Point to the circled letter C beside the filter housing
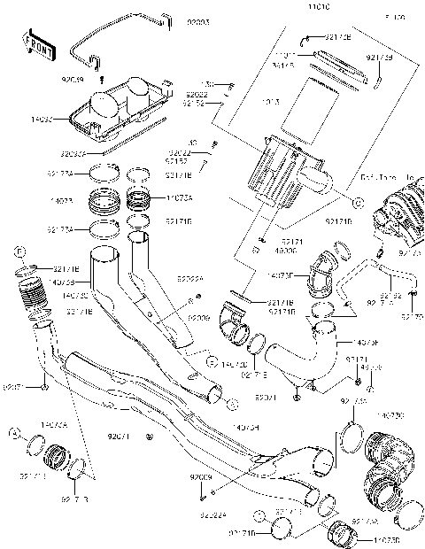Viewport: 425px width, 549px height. (x=358, y=203)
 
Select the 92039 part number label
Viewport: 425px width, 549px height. (x=73, y=80)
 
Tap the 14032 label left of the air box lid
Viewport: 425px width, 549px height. (x=40, y=116)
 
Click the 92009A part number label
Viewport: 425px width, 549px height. (x=189, y=278)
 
